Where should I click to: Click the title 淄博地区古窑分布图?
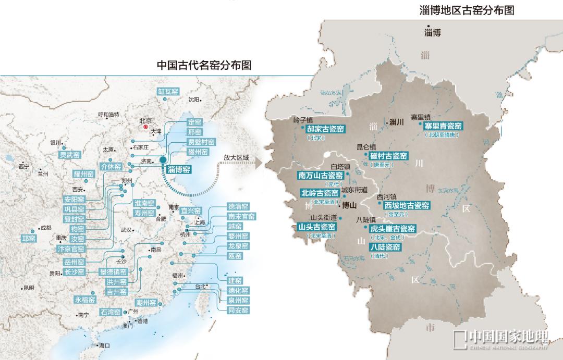pyautogui.click(x=466, y=10)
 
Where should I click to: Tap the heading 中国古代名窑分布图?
pyautogui.click(x=204, y=65)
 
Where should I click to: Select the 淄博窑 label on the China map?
pyautogui.click(x=179, y=169)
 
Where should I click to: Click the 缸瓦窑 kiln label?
pyautogui.click(x=168, y=92)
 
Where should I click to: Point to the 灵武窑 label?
pyautogui.click(x=69, y=155)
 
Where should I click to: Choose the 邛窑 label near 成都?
pyautogui.click(x=28, y=238)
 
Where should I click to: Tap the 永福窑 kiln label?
pyautogui.click(x=85, y=300)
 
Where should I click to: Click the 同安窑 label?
pyautogui.click(x=238, y=311)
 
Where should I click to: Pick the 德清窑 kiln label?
pyautogui.click(x=238, y=206)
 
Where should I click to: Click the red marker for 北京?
pyautogui.click(x=146, y=126)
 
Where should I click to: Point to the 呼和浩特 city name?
pyautogui.click(x=108, y=115)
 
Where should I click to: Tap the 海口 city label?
pyautogui.click(x=104, y=345)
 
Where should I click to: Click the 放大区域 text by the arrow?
pyautogui.click(x=236, y=157)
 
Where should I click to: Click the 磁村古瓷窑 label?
pyautogui.click(x=388, y=156)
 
